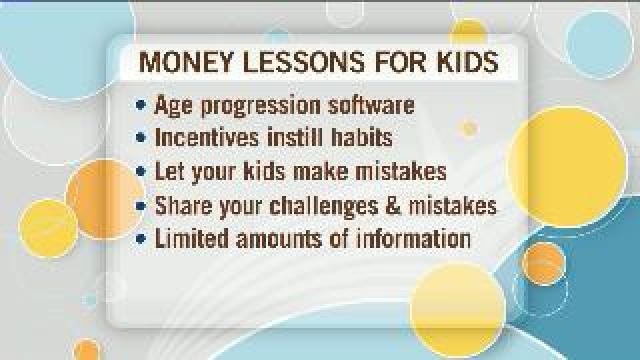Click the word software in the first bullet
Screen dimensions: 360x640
(x=369, y=104)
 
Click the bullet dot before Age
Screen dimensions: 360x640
(x=141, y=104)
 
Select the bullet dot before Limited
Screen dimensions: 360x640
(x=141, y=240)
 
